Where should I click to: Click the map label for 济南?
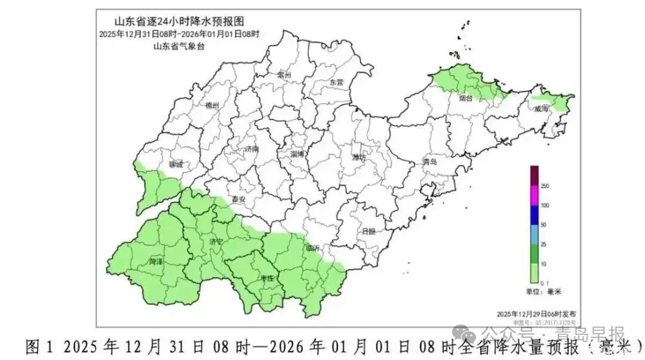tap(251, 150)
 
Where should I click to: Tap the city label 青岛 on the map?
tap(430, 162)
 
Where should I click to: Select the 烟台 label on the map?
tap(466, 99)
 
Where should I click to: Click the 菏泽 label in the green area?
tap(156, 261)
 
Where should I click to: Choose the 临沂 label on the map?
tap(312, 248)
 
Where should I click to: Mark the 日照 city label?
tap(368, 232)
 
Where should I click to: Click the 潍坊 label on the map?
tap(359, 158)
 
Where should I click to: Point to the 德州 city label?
tap(212, 106)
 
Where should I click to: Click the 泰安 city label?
tap(239, 201)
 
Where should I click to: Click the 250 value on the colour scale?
tap(545, 186)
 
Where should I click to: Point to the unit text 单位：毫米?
tap(544, 292)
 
